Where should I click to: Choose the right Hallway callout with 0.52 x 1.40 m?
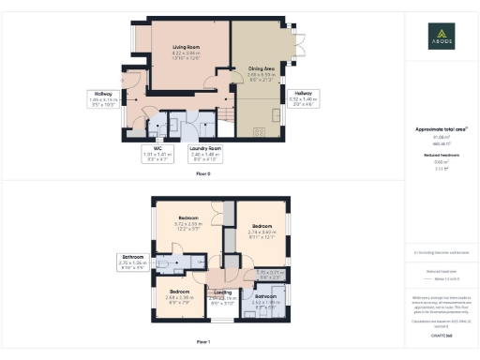click(307, 99)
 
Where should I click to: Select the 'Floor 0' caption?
click(203, 173)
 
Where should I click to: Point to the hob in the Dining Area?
click(257, 133)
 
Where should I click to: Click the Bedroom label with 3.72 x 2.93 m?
click(188, 222)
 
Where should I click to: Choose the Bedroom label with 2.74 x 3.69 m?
click(262, 228)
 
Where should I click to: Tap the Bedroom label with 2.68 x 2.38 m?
click(180, 297)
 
